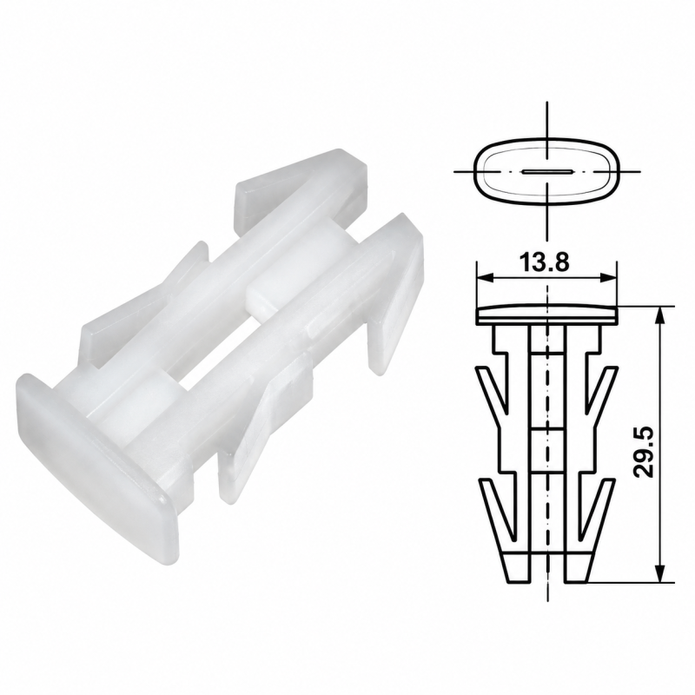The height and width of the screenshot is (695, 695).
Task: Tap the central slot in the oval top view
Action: click(x=548, y=171)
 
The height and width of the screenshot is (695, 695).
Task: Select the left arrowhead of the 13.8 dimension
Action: click(x=485, y=278)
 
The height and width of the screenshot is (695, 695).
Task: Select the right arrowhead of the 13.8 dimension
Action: click(x=608, y=278)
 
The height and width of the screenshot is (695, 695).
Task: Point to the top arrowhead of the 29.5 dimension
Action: click(x=660, y=314)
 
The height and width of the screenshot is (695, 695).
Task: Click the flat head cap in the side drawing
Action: click(x=546, y=314)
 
